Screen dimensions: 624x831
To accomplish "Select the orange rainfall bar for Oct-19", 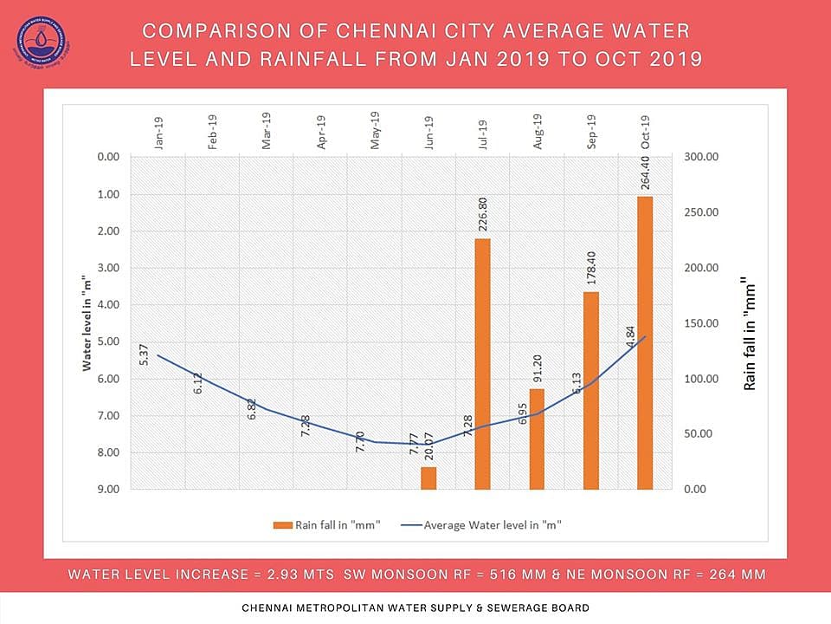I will (645, 342).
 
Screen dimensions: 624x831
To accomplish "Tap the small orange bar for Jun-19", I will (428, 478).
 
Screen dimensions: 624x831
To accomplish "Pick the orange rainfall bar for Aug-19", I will (538, 439).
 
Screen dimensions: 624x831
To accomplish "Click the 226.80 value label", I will (483, 213).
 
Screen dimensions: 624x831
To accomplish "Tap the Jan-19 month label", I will (158, 133).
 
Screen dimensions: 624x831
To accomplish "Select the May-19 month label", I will (375, 133).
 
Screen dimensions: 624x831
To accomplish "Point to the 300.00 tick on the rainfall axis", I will (702, 157).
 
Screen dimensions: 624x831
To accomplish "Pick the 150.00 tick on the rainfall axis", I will (702, 323).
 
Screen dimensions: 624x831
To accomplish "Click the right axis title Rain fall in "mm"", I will (750, 334).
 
